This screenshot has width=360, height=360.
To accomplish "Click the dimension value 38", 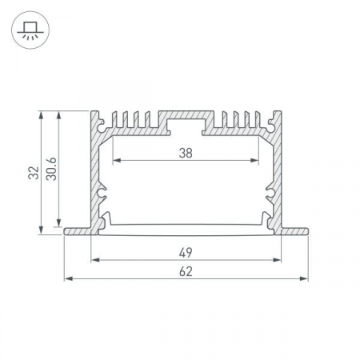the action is pyautogui.click(x=186, y=153).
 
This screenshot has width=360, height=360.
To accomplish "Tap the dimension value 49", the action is pyautogui.click(x=186, y=253).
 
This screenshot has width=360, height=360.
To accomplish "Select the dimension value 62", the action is pyautogui.click(x=186, y=272).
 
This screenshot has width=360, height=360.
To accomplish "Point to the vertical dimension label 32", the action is pyautogui.click(x=34, y=173).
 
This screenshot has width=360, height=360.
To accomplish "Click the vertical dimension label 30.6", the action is pyautogui.click(x=51, y=169).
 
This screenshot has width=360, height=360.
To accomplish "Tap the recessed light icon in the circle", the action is pyautogui.click(x=30, y=30).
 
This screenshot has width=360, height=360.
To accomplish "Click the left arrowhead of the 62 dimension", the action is pyautogui.click(x=69, y=278).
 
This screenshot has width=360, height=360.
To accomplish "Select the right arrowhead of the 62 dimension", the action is pyautogui.click(x=304, y=278).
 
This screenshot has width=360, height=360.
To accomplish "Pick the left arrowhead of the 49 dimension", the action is pyautogui.click(x=95, y=260).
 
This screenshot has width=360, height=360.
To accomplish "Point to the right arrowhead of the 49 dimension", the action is pyautogui.click(x=277, y=260).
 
